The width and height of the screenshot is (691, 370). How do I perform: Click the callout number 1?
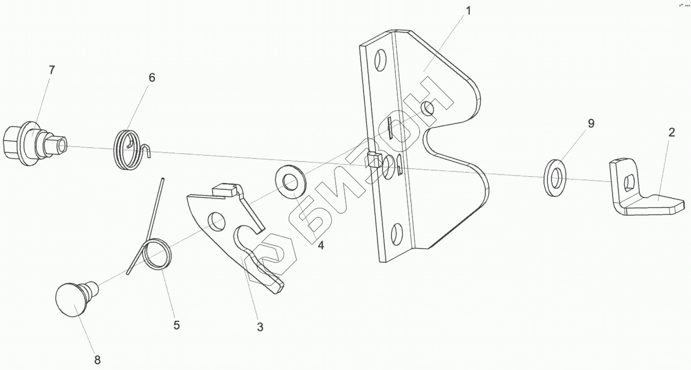468,11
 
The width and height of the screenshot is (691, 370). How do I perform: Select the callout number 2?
671,132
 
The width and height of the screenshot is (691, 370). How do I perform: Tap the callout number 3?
260,327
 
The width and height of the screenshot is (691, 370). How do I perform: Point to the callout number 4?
321,246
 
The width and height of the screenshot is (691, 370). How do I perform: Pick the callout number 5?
176,324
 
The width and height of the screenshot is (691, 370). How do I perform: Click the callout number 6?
151,78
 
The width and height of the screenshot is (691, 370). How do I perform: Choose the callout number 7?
51,70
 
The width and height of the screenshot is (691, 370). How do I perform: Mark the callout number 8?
97,359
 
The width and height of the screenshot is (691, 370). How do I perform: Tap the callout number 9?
590,123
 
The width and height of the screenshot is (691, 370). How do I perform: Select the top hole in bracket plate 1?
381,58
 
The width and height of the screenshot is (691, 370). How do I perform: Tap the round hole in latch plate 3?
215,219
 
